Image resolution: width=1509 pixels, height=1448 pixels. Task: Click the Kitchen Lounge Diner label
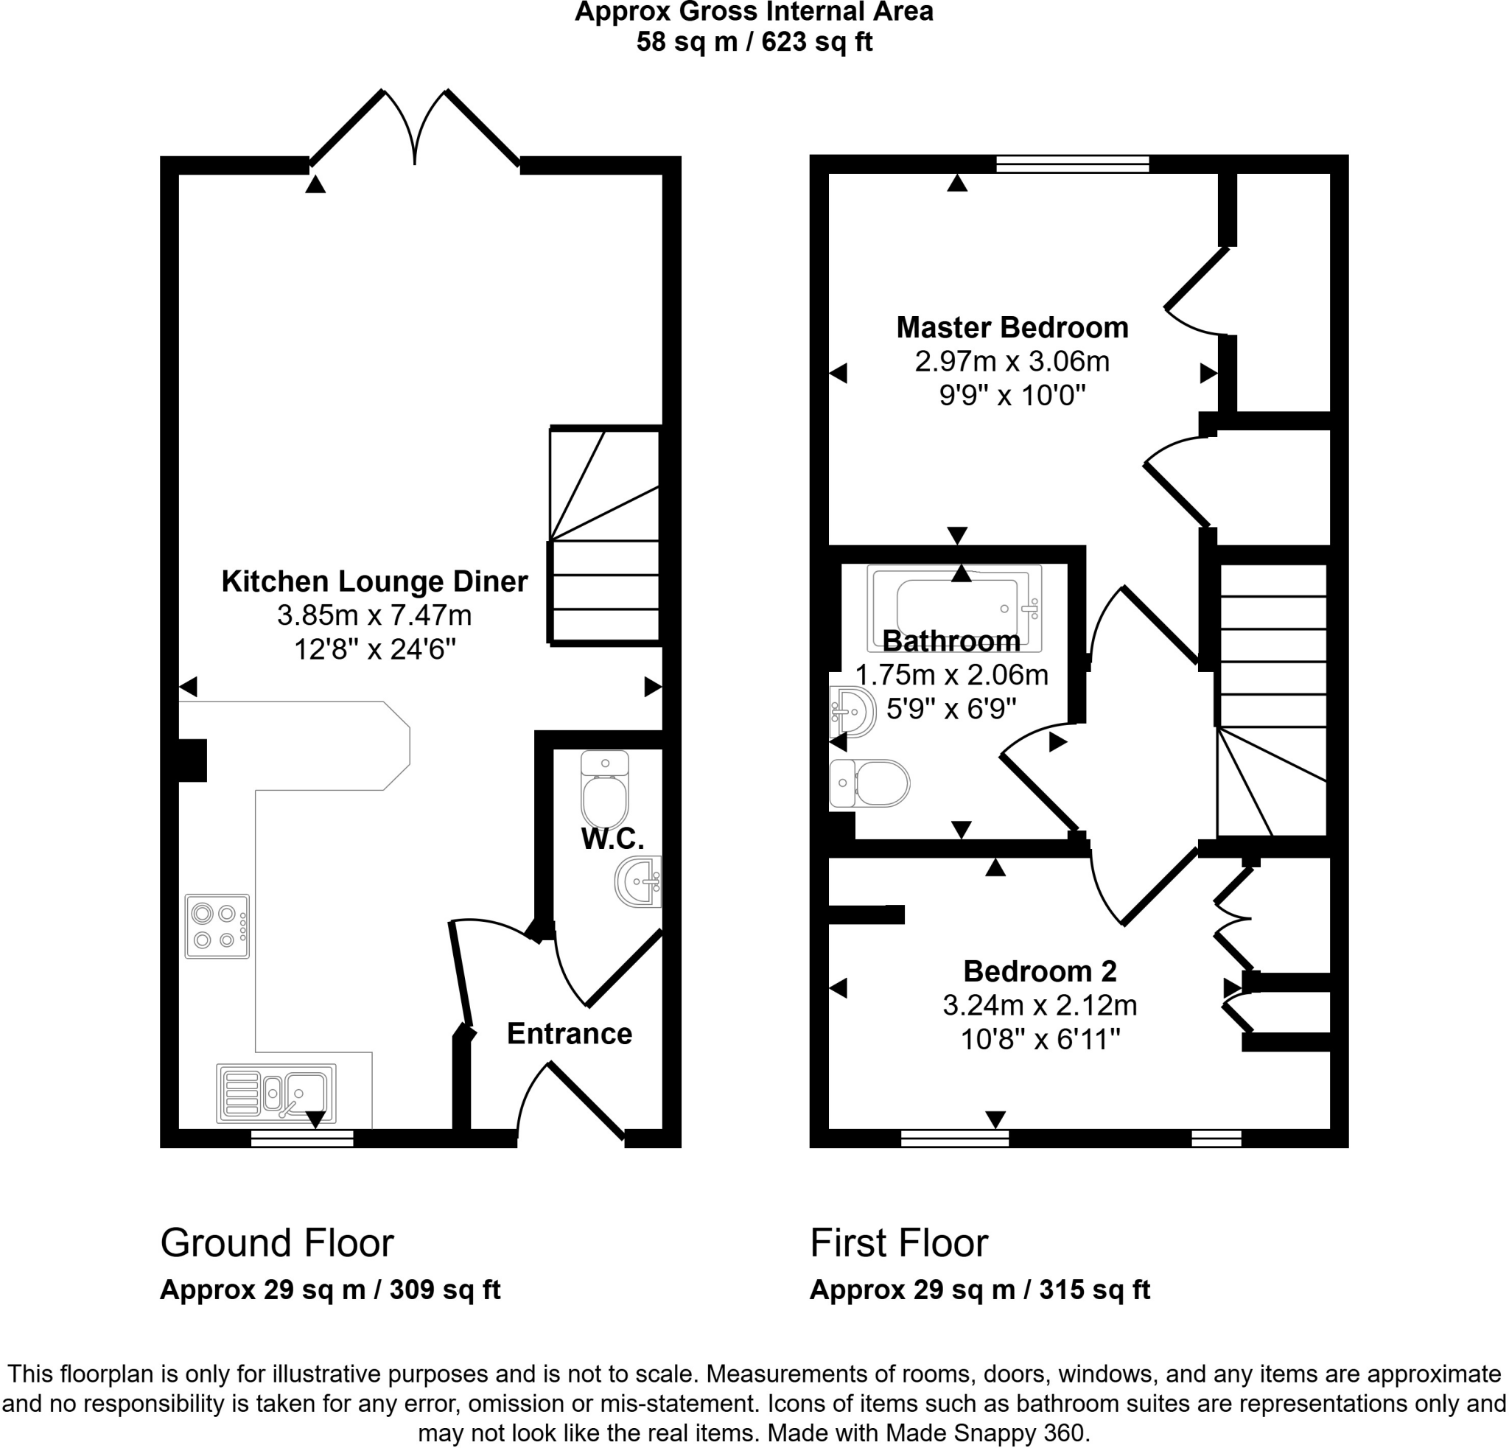[x=374, y=581]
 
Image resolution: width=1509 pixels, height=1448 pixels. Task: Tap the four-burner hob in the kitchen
[x=217, y=926]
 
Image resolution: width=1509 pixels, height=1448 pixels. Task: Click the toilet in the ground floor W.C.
[x=604, y=791]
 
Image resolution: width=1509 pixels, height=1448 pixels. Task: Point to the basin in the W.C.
[x=639, y=881]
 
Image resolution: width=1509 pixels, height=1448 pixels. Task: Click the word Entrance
[x=569, y=1034]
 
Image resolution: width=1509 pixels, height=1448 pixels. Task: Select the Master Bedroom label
[x=1012, y=328]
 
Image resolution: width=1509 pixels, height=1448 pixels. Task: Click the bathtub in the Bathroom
[x=955, y=607]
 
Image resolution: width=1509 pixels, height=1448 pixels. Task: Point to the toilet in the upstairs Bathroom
[x=870, y=783]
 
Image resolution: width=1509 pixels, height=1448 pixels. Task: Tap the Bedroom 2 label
[x=1040, y=971]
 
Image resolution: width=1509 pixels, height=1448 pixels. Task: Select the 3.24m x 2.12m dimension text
[x=1040, y=1005]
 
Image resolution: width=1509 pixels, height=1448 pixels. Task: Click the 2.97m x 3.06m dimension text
[x=1012, y=362]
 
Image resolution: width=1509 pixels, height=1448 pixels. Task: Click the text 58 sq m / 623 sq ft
[x=754, y=41]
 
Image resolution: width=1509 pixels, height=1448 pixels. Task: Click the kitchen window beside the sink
[x=302, y=1139]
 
